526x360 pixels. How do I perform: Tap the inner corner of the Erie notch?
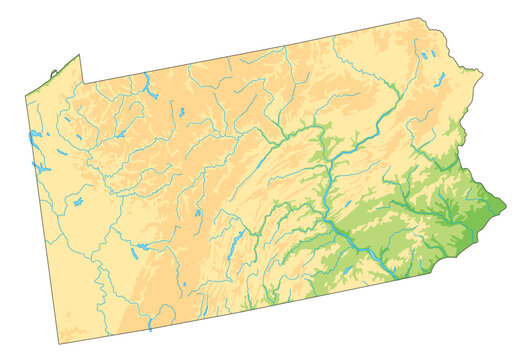tap(82, 83)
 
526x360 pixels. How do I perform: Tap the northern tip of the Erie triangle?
tap(79, 55)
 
